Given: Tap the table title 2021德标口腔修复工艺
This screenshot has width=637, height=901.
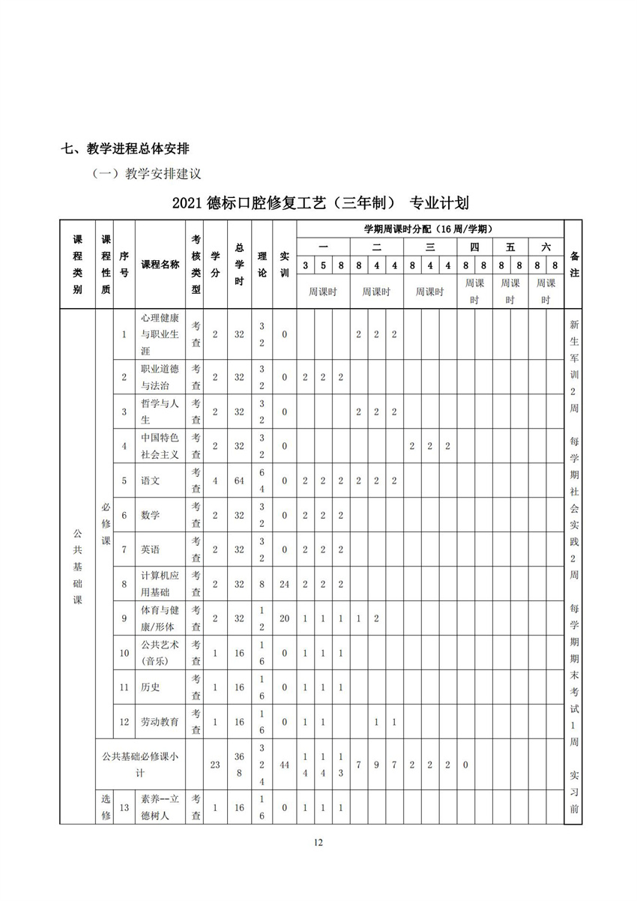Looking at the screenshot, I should point(320,202).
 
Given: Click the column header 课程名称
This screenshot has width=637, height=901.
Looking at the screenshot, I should point(160,264).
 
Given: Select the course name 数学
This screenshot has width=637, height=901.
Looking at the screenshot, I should point(151,515).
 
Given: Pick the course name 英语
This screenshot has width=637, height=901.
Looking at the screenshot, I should point(151,549).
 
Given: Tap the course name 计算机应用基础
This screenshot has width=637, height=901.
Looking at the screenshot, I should point(160,584).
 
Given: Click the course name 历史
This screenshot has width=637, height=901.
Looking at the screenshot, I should point(151,687).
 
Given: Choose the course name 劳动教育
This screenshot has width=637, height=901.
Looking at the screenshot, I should point(160,722).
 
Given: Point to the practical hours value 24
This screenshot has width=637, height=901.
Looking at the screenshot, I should point(285,584).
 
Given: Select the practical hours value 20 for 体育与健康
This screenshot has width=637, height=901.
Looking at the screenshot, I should point(285,618).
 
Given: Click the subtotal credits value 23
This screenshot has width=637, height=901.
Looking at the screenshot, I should point(215,765).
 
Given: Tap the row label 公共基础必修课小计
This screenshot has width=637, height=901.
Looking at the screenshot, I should point(140,765).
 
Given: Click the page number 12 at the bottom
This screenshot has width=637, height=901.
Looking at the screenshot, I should point(318,843).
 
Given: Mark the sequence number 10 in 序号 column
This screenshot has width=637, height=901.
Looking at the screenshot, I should point(124,653).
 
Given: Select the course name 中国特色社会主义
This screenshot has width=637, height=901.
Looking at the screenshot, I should point(160,446).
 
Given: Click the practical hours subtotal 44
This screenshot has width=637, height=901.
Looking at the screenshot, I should point(285,765).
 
